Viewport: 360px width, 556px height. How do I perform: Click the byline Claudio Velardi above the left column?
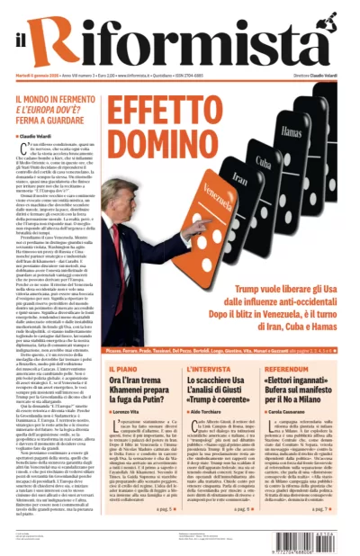click(40, 136)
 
